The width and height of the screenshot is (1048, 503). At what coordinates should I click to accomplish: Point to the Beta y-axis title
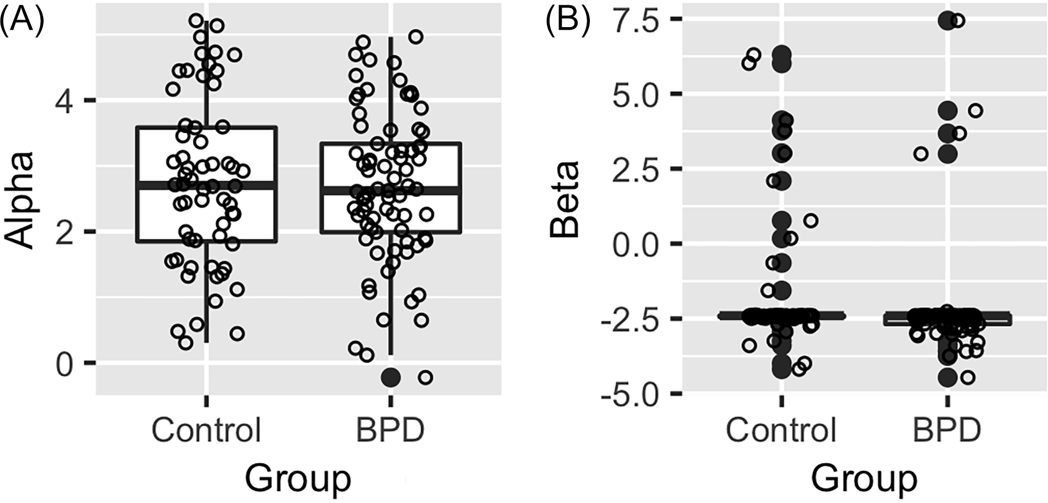click(564, 199)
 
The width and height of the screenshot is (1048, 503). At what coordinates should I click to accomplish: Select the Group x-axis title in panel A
click(298, 478)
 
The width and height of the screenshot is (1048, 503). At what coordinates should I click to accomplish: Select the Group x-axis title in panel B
click(864, 478)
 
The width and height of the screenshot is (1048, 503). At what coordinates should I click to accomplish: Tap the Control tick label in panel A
click(206, 430)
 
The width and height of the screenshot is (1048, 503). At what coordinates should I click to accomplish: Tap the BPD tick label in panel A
click(391, 430)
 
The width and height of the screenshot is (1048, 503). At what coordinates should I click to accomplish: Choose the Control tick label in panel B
click(781, 430)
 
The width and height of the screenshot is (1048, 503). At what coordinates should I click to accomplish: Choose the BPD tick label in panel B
click(946, 430)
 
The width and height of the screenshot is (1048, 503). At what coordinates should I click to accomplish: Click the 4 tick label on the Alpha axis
click(65, 100)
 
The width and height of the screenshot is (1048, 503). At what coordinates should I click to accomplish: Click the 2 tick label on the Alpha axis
click(65, 232)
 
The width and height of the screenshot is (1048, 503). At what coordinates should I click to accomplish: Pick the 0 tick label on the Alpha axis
click(65, 363)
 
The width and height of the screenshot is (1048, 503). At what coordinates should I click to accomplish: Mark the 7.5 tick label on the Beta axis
click(637, 19)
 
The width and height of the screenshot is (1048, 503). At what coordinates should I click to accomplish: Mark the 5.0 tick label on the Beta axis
click(637, 94)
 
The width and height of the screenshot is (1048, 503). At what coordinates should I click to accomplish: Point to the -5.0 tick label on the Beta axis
click(630, 393)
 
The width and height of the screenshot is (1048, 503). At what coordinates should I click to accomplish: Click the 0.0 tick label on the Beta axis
click(637, 244)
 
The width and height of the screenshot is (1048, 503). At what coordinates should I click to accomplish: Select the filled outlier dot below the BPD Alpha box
click(391, 378)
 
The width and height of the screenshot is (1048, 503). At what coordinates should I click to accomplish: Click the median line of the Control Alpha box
click(206, 185)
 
